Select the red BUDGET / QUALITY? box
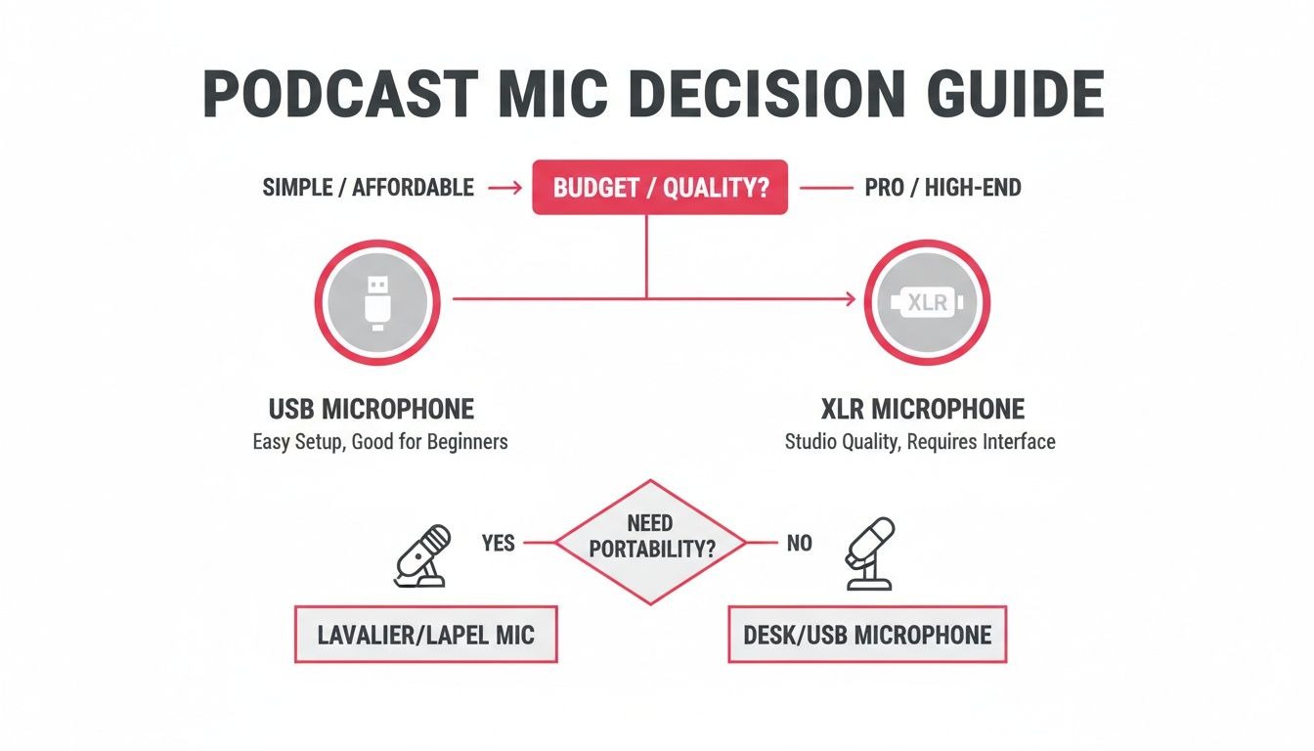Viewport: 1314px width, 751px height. click(x=660, y=188)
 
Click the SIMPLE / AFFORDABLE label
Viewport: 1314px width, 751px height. click(x=369, y=188)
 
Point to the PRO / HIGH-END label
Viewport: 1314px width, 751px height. click(x=942, y=188)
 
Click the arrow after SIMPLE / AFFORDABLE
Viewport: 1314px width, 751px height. click(x=504, y=188)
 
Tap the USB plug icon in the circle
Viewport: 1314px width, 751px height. click(x=376, y=303)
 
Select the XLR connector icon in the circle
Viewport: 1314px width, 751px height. click(x=928, y=303)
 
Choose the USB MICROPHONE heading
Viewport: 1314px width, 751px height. click(x=372, y=409)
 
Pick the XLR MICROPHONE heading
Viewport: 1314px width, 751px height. click(x=923, y=409)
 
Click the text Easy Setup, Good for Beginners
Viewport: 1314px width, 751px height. click(x=380, y=442)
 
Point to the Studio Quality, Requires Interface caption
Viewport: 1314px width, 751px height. click(x=920, y=442)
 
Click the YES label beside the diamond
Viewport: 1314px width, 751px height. click(x=498, y=543)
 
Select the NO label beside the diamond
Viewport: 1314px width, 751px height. click(x=799, y=543)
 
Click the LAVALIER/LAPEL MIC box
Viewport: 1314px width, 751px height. click(x=426, y=635)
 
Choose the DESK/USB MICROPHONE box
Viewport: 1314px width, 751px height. click(x=867, y=635)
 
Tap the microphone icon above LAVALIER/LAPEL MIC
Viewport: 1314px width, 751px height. click(x=422, y=555)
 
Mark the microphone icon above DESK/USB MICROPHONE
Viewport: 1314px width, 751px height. click(x=870, y=554)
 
